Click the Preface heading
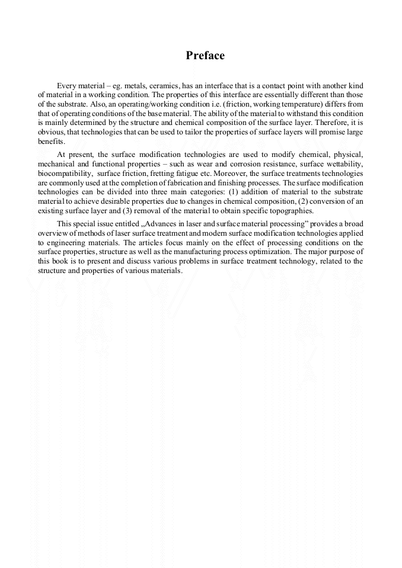[205, 56]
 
